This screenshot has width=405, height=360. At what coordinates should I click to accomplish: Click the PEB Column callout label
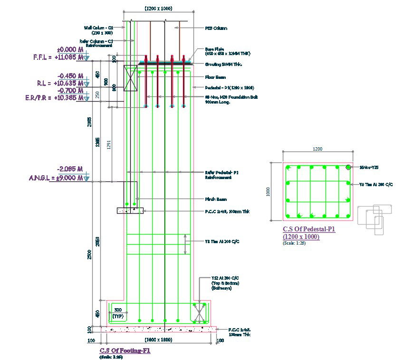[x=216, y=28]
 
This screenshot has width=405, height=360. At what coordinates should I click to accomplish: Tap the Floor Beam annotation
[x=215, y=77]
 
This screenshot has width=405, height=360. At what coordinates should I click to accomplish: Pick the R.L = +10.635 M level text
[x=60, y=83]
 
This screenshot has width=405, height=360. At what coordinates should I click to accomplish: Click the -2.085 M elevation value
[x=70, y=169]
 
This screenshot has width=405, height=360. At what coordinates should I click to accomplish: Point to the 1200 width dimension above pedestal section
[x=317, y=149]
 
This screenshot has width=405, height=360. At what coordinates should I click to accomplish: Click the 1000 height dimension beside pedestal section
[x=269, y=191]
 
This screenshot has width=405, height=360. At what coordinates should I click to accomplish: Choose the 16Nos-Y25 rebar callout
[x=368, y=167]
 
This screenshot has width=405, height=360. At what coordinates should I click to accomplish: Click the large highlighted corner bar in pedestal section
[x=348, y=167]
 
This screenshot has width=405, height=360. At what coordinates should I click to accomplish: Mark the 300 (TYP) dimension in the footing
[x=118, y=313]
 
